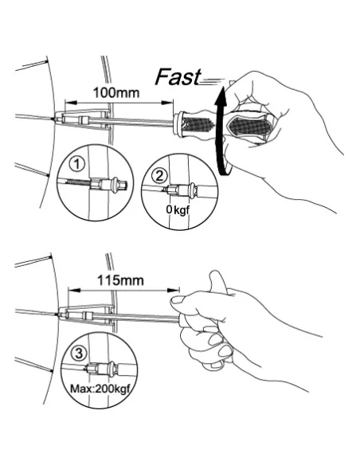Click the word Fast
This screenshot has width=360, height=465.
178,77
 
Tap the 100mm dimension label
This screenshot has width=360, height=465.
116,93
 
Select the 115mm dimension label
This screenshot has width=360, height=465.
121,280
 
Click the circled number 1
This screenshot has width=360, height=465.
76,164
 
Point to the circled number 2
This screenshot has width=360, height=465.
159,176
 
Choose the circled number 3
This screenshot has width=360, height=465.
79,354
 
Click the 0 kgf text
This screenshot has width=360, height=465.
178,210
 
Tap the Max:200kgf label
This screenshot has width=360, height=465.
100,389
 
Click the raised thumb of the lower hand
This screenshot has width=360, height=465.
218,282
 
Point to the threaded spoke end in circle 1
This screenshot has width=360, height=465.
79,182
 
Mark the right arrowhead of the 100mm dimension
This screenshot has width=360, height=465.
167,103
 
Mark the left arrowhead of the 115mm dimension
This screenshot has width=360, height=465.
74,290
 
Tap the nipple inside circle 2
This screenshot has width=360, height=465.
182,190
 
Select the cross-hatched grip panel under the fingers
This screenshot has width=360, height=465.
249,127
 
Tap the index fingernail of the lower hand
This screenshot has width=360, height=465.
178,299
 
